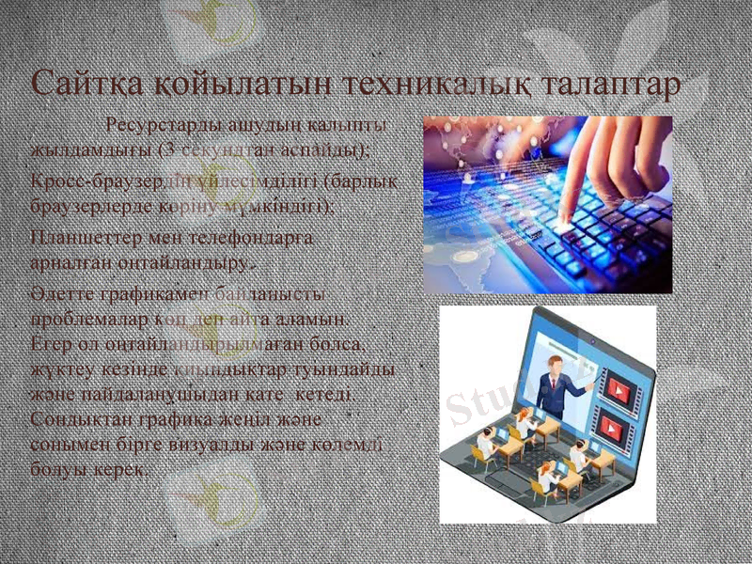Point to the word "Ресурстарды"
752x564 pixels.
[163, 126]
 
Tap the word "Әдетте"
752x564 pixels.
[57, 297]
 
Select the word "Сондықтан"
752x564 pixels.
[78, 418]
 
